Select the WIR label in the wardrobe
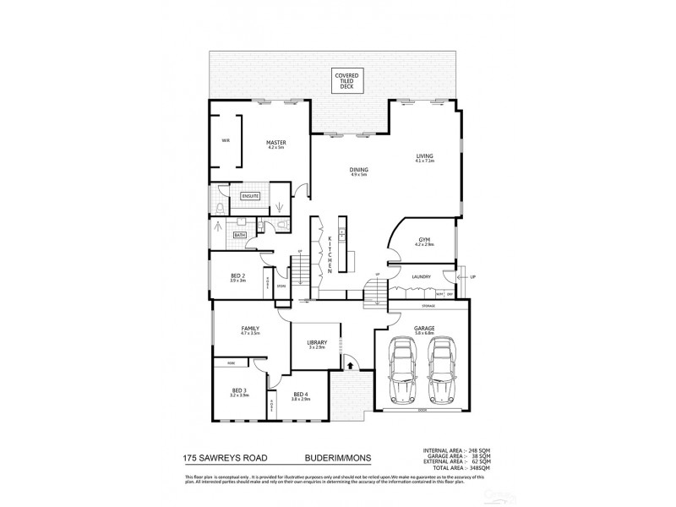click(226, 140)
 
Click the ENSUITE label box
click(251, 196)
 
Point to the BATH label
click(240, 235)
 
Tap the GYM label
click(424, 241)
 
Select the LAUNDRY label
click(422, 276)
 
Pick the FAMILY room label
click(249, 330)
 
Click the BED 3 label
click(239, 393)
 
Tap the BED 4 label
click(300, 395)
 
